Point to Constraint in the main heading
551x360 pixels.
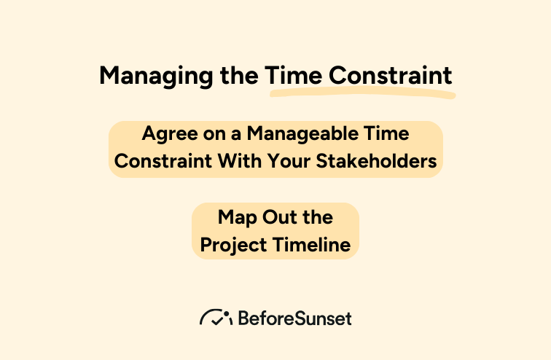[390, 76]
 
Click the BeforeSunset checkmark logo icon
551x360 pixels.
[215, 318]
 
